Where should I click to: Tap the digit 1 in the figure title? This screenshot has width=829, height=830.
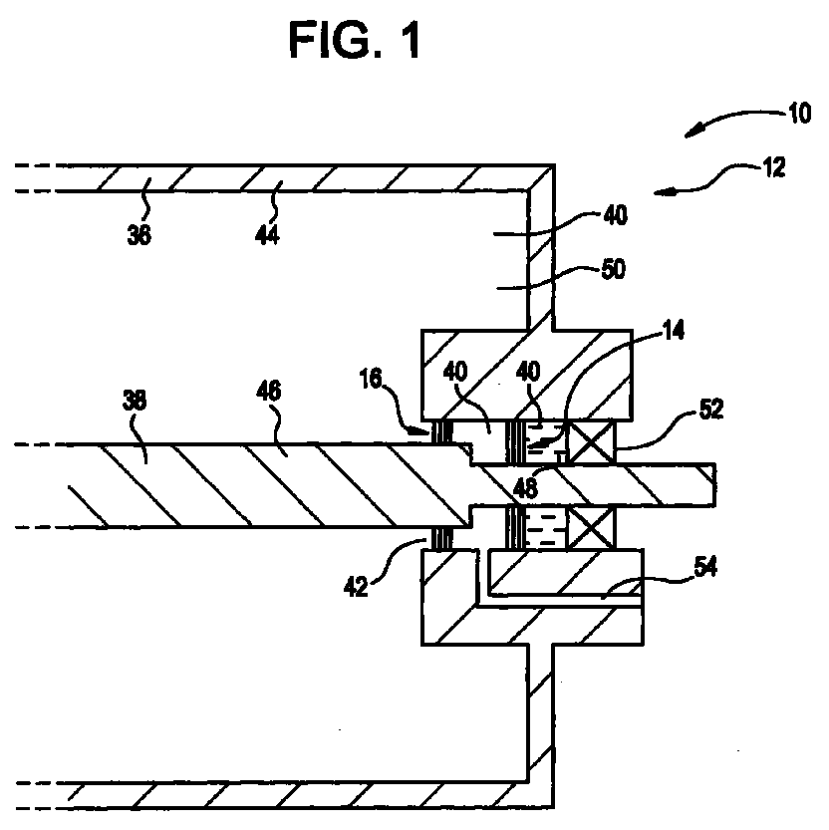410,40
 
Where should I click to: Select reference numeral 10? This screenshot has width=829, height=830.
799,113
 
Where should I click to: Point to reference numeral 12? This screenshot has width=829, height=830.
774,167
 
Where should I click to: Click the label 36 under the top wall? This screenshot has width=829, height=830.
139,234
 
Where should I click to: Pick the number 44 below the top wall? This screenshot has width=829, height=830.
267,234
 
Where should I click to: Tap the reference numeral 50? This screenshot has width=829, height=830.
614,269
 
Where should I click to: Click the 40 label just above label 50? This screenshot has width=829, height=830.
615,215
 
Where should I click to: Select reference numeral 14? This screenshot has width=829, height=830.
673,330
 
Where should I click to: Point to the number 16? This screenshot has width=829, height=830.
371,379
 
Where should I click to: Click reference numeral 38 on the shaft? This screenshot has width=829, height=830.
134,401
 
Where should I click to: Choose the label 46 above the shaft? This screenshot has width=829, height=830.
268,392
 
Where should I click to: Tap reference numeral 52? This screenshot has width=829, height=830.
711,410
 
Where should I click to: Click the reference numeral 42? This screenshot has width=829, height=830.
356,587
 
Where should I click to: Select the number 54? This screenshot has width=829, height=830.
705,567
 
